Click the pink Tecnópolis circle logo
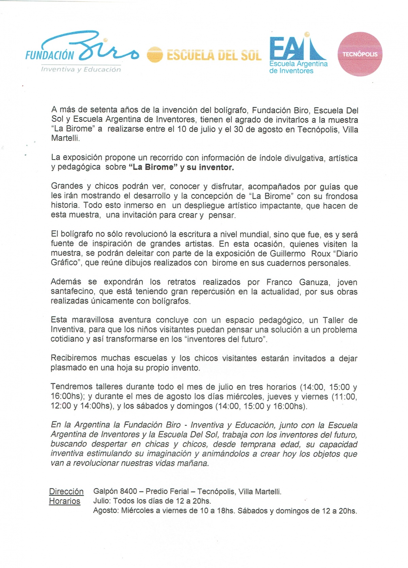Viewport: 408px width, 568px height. click(x=360, y=54)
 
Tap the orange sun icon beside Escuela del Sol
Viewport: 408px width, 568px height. click(x=155, y=54)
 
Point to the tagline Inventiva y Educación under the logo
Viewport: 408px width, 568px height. click(x=81, y=69)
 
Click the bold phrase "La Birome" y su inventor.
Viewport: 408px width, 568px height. click(x=181, y=167)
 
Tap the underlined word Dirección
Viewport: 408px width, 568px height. click(x=66, y=491)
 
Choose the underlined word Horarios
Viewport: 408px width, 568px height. click(x=65, y=501)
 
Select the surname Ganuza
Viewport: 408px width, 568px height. click(x=314, y=282)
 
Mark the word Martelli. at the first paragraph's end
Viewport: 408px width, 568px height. click(x=65, y=139)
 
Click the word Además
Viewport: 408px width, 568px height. click(x=66, y=282)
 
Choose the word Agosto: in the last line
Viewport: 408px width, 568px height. click(x=106, y=510)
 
